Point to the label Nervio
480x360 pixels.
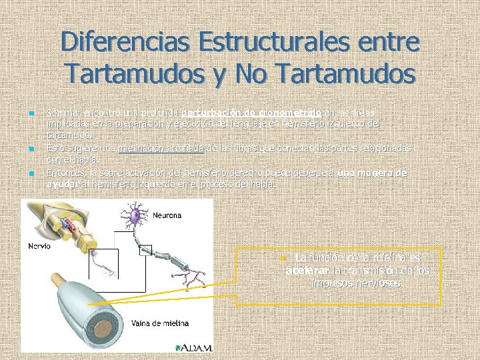[38, 245]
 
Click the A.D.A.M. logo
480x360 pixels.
[196, 347]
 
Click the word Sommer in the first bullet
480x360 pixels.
[61, 112]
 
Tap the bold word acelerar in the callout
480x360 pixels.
[307, 271]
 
